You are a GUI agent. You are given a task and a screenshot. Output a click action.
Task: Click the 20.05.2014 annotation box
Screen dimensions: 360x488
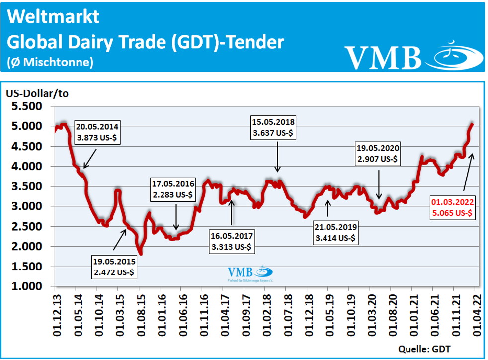click(x=99, y=130)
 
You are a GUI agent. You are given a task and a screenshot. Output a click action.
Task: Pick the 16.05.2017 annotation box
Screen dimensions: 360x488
click(x=232, y=241)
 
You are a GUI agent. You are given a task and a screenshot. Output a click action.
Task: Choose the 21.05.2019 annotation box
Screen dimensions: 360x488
click(x=335, y=232)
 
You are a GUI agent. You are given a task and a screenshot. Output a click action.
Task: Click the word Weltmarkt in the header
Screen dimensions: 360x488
click(x=54, y=17)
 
